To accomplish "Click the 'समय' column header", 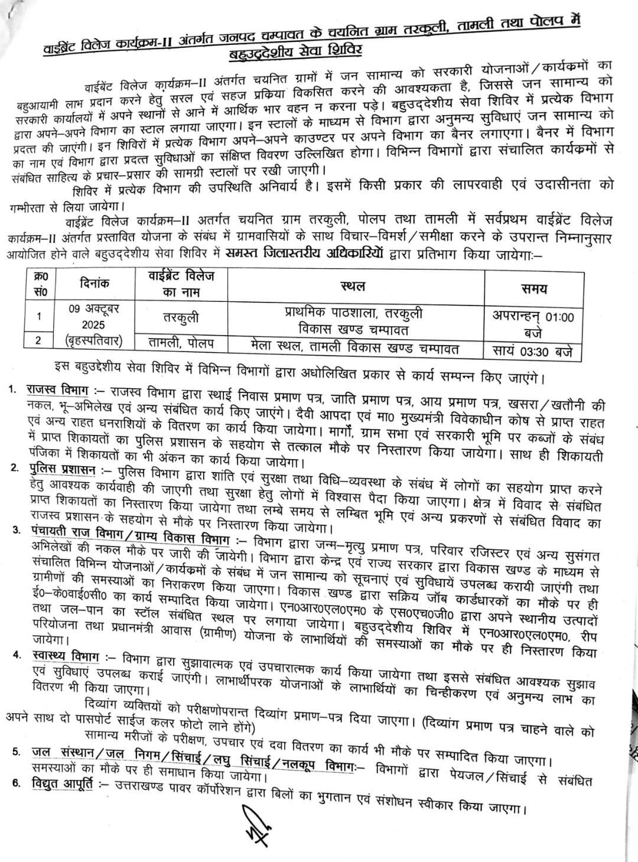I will [533, 289].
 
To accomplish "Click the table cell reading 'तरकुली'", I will [181, 317].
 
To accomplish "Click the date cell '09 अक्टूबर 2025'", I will [94, 318].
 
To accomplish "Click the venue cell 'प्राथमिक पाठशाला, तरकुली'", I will [353, 313].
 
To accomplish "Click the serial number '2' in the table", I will [40, 341].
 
